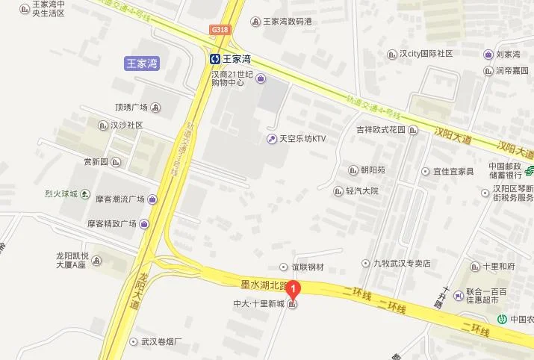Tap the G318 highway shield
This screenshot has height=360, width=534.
point(220,30)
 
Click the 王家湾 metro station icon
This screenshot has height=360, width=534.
point(214,58)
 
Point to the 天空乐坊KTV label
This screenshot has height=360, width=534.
point(302,139)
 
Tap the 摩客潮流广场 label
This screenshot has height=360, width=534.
point(119,199)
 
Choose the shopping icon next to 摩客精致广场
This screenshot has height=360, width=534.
point(143,223)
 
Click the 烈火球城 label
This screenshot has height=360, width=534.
point(61,194)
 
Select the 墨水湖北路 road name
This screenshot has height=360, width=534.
point(262,282)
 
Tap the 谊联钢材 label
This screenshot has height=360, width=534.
point(307,267)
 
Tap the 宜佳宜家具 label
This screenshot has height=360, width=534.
point(453,171)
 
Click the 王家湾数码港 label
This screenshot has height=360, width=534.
point(288,21)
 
